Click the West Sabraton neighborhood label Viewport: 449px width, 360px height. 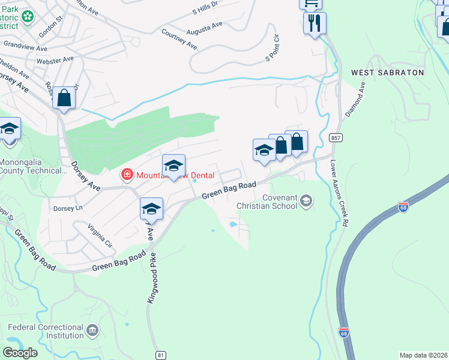[x=387, y=73]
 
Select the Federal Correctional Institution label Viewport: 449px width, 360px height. [x=46, y=332]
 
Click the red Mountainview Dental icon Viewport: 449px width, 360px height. [x=127, y=175]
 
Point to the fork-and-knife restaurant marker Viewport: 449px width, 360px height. [x=314, y=23]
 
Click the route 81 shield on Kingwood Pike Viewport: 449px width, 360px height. [x=160, y=355]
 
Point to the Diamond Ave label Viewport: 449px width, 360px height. [x=354, y=99]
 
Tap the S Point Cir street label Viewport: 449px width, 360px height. [x=273, y=49]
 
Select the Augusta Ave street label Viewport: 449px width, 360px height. [x=205, y=27]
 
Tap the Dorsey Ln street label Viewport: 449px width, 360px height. [x=67, y=209]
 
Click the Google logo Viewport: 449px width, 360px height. [x=20, y=352]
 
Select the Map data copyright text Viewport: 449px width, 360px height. [x=424, y=355]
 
